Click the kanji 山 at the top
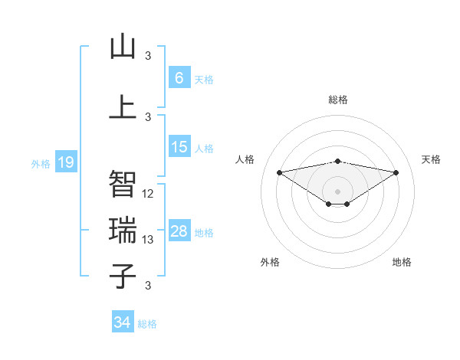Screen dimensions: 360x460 [123, 47]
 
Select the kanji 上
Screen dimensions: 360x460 [123, 106]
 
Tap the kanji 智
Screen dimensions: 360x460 [123, 184]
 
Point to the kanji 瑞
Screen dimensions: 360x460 [123, 230]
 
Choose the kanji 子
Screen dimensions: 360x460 [123, 275]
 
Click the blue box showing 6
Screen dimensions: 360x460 [179, 78]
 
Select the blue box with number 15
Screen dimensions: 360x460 [179, 147]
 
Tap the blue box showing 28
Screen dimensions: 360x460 [179, 231]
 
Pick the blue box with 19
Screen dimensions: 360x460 [65, 162]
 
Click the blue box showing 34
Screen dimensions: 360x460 [122, 322]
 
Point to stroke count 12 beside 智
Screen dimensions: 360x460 [148, 194]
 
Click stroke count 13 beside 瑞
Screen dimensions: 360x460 [148, 240]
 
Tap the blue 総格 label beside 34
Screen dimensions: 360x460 [147, 324]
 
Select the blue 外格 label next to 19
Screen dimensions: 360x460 [40, 163]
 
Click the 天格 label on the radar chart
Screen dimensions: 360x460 [431, 159]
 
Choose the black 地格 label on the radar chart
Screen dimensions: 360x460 [402, 262]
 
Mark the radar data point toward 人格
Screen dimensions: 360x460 [279, 172]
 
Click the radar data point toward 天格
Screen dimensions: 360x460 [396, 172]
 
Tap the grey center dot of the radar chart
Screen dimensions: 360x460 [337, 191]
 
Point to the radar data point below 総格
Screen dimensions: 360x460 [337, 161]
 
